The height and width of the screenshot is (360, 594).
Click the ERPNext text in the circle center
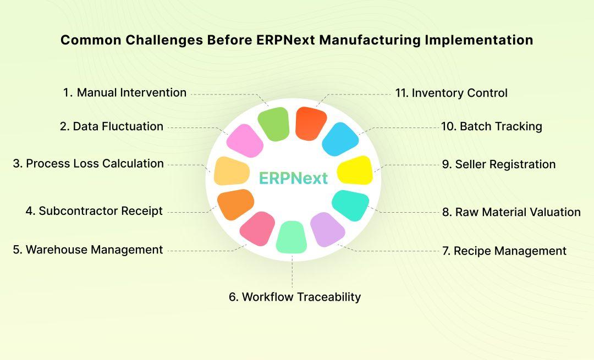click(293, 178)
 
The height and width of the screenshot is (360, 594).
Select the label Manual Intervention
click(125, 92)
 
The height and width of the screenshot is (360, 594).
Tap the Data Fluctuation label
click(111, 126)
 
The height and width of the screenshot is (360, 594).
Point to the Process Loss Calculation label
click(88, 164)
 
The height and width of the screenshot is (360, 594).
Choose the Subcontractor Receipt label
click(94, 211)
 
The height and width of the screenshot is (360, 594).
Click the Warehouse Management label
click(88, 250)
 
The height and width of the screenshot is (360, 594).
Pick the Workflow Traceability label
click(295, 297)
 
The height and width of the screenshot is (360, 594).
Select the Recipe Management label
click(504, 251)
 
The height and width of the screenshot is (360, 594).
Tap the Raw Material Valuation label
click(512, 212)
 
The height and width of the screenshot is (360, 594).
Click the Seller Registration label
click(499, 164)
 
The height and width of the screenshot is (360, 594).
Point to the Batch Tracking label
click(492, 126)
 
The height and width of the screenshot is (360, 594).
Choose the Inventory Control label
click(451, 93)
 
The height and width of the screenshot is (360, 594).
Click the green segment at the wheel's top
click(273, 124)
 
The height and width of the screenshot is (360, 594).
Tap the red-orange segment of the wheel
click(311, 124)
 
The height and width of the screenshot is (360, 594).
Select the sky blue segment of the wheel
click(340, 139)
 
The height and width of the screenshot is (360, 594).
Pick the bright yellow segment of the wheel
click(355, 170)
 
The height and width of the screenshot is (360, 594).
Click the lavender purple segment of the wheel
click(327, 229)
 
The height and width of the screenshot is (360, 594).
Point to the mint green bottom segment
click(291, 237)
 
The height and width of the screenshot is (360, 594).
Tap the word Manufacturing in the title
click(370, 40)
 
